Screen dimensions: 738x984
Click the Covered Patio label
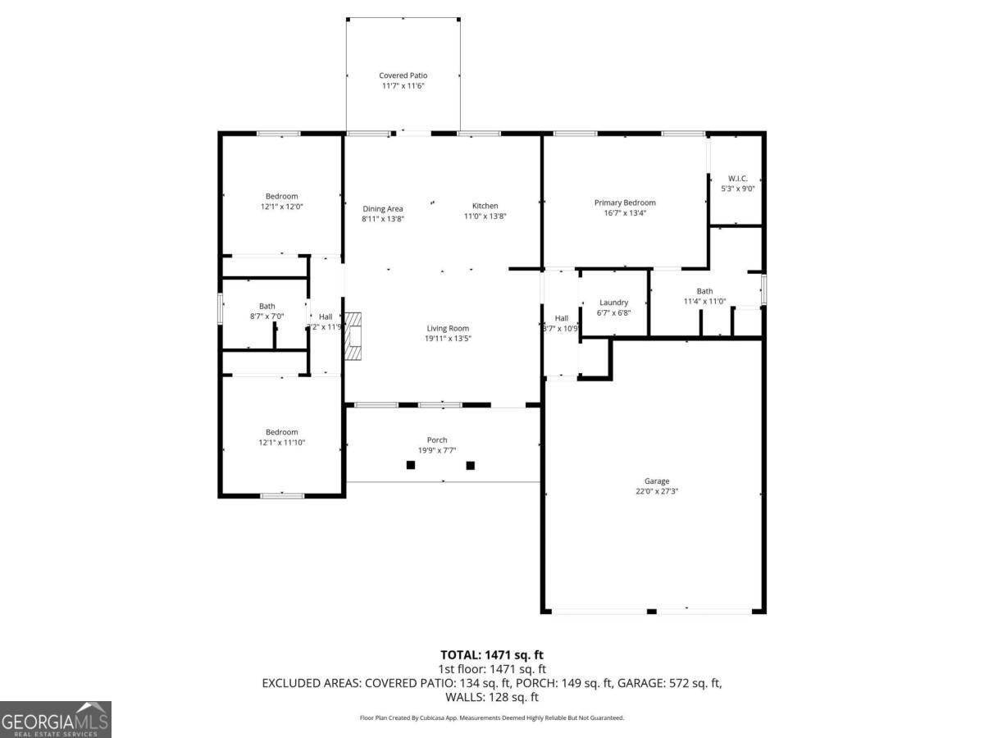[403, 75]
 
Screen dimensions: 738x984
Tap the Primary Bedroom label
[625, 203]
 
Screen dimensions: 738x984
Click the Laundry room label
[613, 303]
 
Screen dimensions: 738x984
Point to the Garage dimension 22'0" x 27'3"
[656, 492]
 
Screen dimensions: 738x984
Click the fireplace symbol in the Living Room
[353, 335]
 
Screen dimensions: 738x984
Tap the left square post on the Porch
[411, 465]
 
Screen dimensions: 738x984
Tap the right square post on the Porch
[471, 465]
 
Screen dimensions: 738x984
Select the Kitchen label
[485, 206]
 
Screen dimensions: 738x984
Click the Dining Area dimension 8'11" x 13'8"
[383, 219]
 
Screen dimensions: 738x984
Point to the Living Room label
[448, 328]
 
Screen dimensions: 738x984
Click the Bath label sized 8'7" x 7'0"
[267, 306]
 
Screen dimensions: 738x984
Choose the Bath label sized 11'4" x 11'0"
[704, 291]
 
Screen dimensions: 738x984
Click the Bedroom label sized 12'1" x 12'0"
[281, 196]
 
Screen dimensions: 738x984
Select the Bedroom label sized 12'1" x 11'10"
[281, 432]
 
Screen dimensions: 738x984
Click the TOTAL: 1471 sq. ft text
[492, 655]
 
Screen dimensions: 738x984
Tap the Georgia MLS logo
[55, 719]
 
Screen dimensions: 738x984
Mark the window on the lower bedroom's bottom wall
[282, 495]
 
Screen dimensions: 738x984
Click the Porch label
[437, 440]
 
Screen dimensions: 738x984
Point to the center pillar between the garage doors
[652, 611]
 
